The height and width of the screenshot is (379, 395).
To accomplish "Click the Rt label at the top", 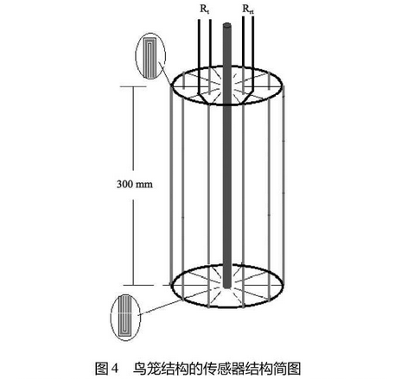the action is (205, 9).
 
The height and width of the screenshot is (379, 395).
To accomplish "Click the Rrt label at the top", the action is (248, 9).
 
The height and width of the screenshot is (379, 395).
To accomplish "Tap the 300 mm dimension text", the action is (135, 184).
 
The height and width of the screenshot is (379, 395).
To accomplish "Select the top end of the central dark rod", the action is (227, 25).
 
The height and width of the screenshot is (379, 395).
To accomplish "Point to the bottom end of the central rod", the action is (227, 286).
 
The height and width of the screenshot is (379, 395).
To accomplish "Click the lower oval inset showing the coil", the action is (125, 316).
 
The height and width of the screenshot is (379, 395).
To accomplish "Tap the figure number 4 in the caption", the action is (115, 369).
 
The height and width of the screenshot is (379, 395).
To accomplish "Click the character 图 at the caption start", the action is (101, 369).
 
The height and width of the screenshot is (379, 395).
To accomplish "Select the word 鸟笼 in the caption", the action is (147, 369).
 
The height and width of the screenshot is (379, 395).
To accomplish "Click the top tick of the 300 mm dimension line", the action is (133, 86).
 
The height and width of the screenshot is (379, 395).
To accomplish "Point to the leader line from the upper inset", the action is (165, 74).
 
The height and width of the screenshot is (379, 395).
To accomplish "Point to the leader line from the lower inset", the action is (162, 307).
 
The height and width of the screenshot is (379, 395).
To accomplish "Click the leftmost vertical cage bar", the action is (172, 185).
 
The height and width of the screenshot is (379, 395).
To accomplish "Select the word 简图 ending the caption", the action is (286, 369).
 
